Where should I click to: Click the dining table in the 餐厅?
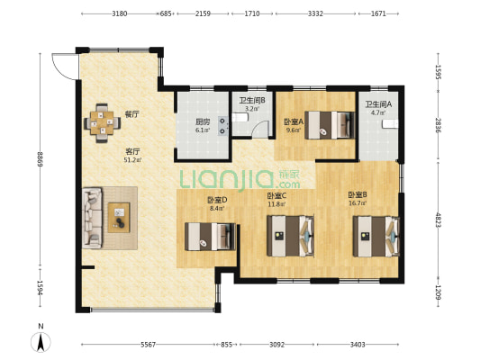pyautogui.click(x=103, y=123)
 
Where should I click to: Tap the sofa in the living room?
pyautogui.click(x=92, y=218)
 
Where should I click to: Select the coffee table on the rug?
pyautogui.click(x=119, y=217)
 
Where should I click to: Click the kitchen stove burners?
pyautogui.click(x=222, y=126)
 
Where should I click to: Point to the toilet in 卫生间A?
pyautogui.click(x=390, y=124)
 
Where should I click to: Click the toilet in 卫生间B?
pyautogui.click(x=240, y=117)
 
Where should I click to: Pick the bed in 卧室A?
pyautogui.click(x=330, y=125)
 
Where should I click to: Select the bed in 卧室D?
pyautogui.click(x=210, y=237)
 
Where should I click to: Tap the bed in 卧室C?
pyautogui.click(x=291, y=236)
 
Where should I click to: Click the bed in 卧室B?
pyautogui.click(x=376, y=236)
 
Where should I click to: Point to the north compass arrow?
pyautogui.click(x=41, y=342)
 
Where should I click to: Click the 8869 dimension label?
pyautogui.click(x=40, y=159)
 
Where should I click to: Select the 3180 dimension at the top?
pyautogui.click(x=120, y=13)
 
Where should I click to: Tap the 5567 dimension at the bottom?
pyautogui.click(x=149, y=345)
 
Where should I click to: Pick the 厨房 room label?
pyautogui.click(x=203, y=121)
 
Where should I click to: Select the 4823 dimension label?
pyautogui.click(x=438, y=220)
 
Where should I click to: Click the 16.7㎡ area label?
pyautogui.click(x=358, y=202)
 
